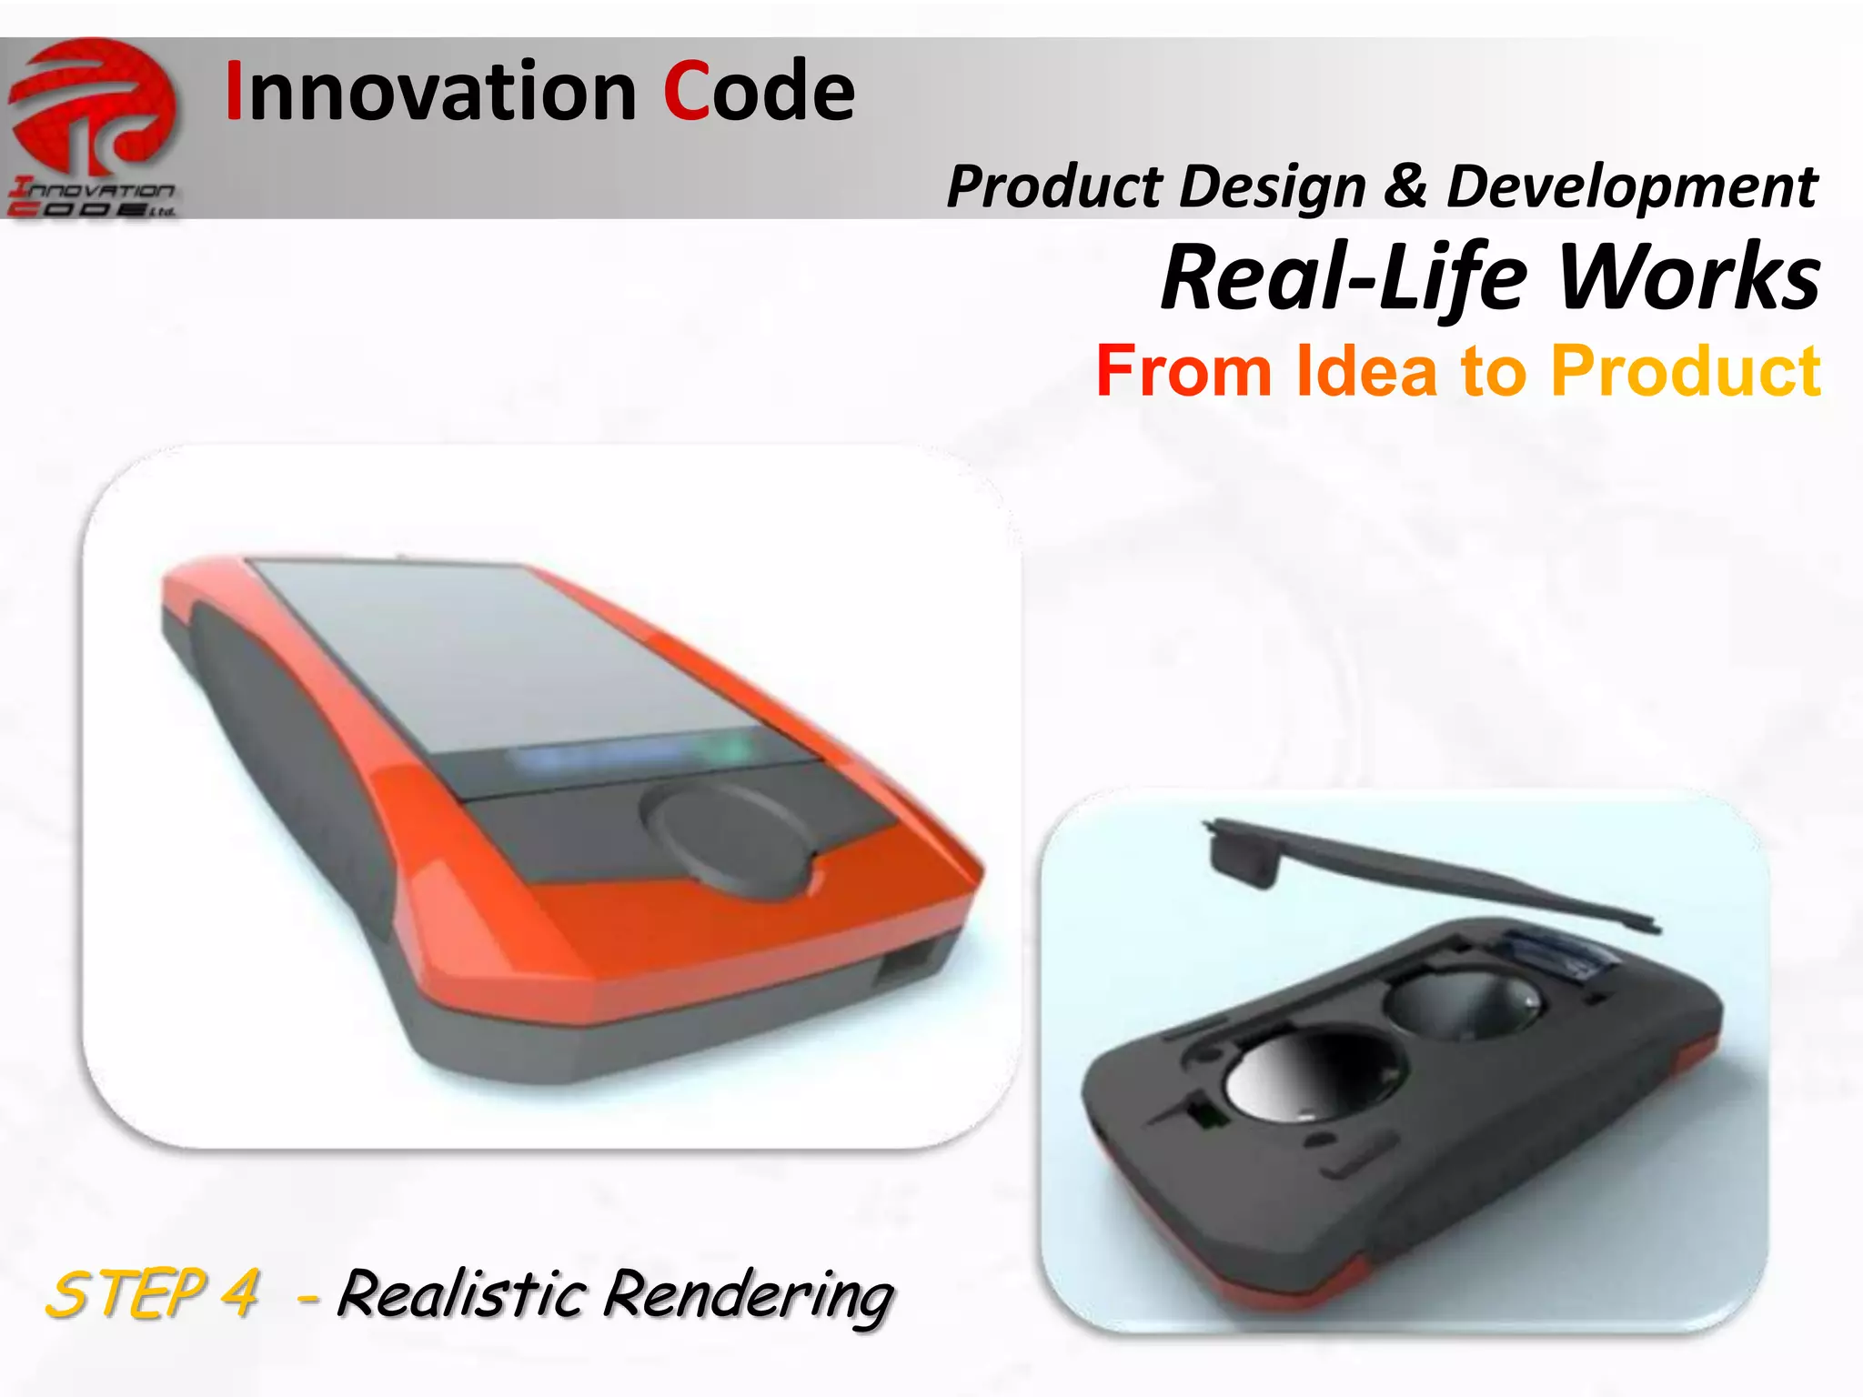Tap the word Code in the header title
pyautogui.click(x=759, y=91)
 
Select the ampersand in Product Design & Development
pyautogui.click(x=1406, y=186)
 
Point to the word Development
pyautogui.click(x=1631, y=187)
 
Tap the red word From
pyautogui.click(x=1183, y=371)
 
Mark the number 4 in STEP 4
pyautogui.click(x=241, y=1293)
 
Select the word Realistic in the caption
pyautogui.click(x=459, y=1293)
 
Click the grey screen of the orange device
pyautogui.click(x=509, y=655)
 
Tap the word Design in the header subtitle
pyautogui.click(x=1273, y=187)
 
